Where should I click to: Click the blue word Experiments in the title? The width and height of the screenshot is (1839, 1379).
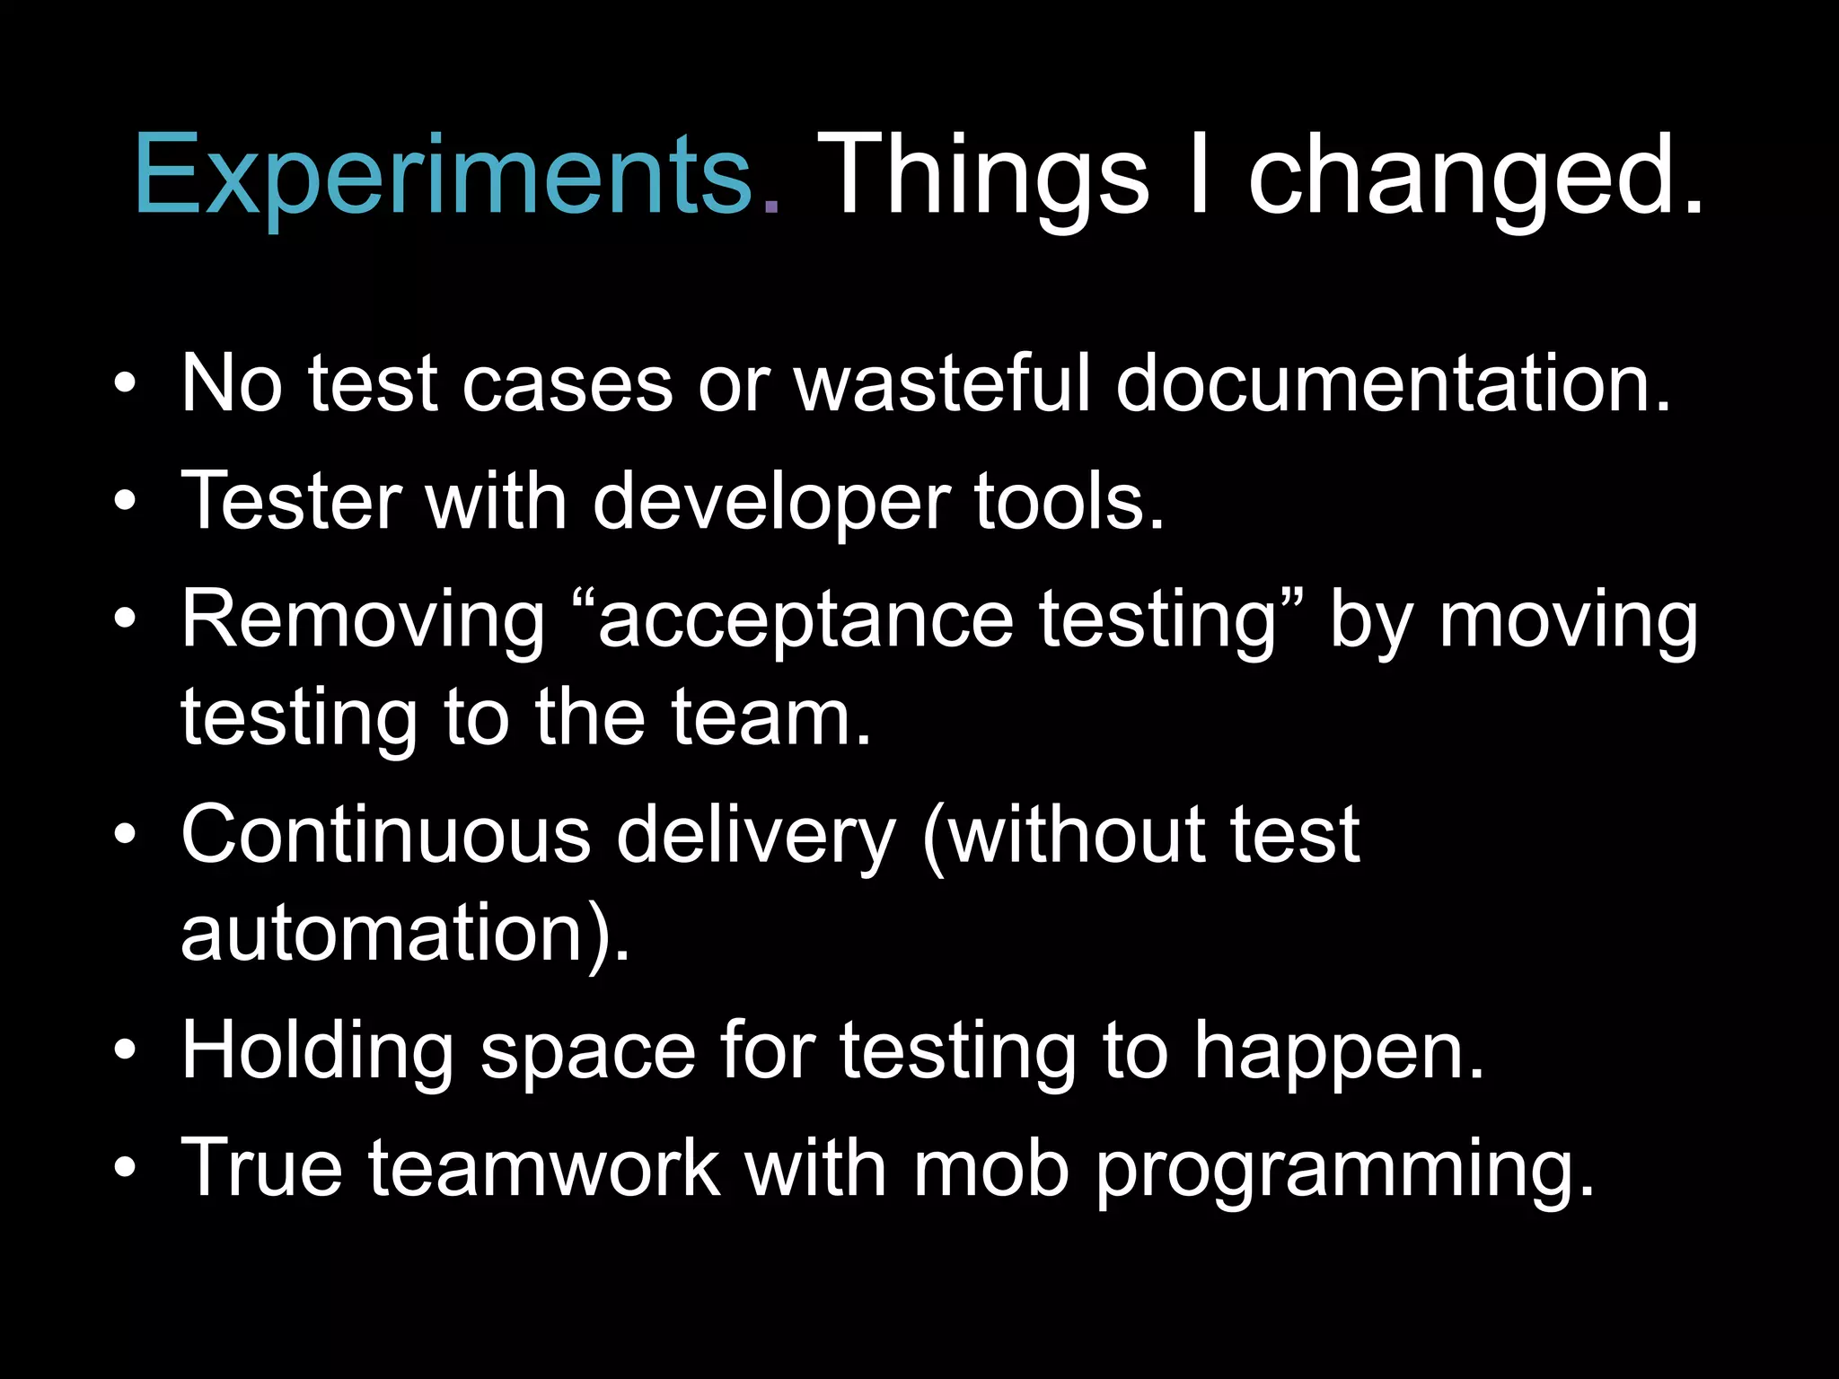[x=444, y=175]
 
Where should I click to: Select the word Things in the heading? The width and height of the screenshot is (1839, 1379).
[x=981, y=175]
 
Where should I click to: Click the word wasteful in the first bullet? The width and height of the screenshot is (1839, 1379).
[x=941, y=384]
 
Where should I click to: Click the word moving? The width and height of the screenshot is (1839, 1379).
[x=1568, y=621]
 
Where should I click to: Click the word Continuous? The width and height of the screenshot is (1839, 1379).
[x=385, y=835]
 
